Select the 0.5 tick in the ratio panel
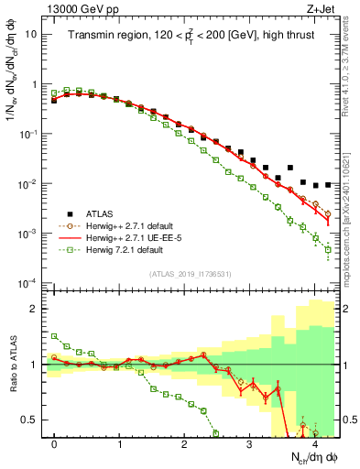point(32,420)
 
